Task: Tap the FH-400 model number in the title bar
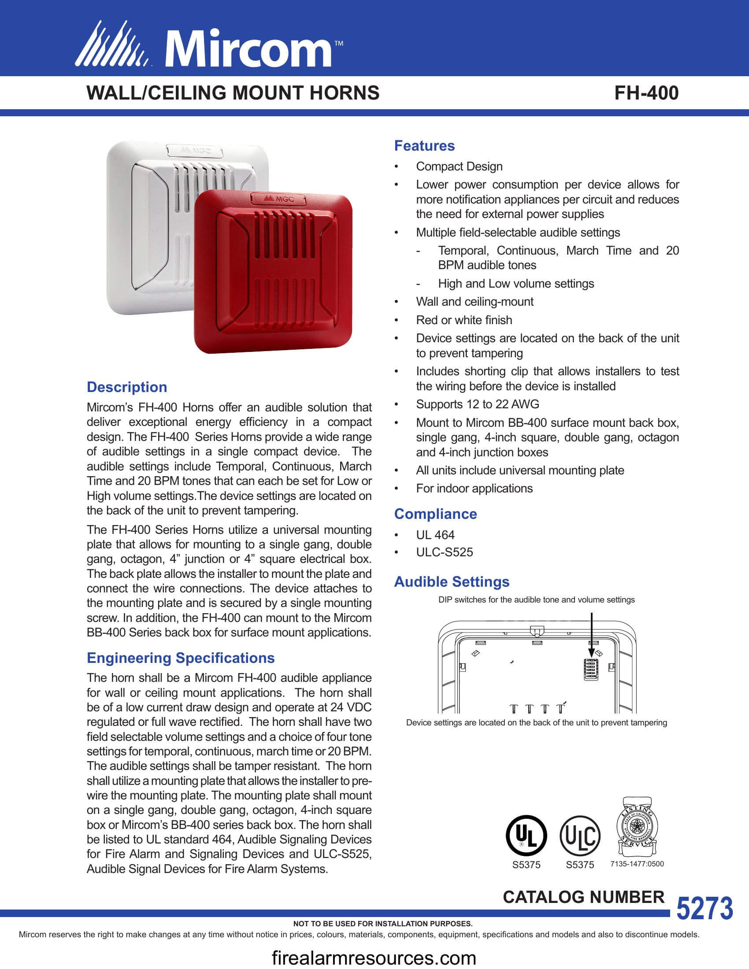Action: [x=646, y=93]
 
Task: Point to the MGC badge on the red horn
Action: [x=278, y=199]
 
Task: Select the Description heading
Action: [x=127, y=387]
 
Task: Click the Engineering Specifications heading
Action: [x=181, y=658]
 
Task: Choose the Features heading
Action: [x=424, y=145]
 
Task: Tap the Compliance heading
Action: [x=435, y=514]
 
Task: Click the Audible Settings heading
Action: [x=452, y=581]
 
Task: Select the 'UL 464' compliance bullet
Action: [x=435, y=535]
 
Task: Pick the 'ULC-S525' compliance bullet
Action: [x=444, y=552]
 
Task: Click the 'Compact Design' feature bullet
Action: [x=459, y=166]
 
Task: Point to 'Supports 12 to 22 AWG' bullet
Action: [x=478, y=404]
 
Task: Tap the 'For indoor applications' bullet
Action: [x=474, y=488]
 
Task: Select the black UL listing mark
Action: [x=526, y=836]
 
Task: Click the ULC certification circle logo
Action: [x=580, y=836]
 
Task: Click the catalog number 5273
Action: [x=704, y=908]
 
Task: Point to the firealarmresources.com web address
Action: [x=374, y=958]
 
